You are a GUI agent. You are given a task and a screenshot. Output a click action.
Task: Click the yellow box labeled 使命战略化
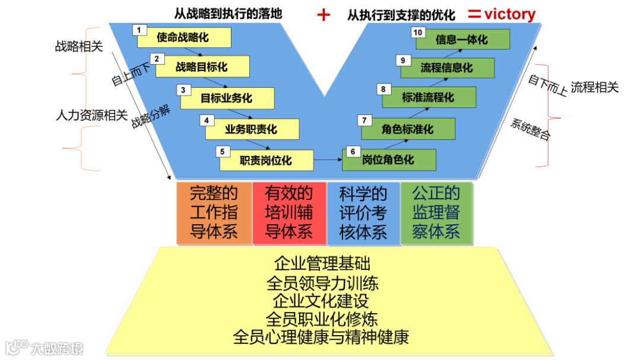184,38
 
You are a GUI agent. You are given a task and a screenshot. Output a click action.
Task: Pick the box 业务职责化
252,129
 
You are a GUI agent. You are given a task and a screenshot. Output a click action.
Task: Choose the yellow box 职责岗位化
266,160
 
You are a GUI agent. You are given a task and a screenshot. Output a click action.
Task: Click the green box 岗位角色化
389,160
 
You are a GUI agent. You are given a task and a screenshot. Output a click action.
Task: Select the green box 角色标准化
408,129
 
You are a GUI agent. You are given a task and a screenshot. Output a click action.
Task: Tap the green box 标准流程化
429,98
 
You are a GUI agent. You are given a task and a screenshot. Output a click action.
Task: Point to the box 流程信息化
448,68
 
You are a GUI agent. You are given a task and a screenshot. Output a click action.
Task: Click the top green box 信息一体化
462,40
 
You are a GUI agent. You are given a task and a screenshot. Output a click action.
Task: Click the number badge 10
418,32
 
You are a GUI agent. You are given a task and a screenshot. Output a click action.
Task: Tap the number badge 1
138,30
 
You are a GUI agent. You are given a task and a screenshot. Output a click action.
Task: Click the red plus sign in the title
323,15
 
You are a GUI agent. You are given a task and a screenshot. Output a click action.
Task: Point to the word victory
510,14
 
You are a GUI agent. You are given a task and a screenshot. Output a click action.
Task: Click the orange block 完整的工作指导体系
214,213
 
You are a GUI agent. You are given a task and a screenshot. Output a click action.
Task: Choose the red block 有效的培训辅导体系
289,213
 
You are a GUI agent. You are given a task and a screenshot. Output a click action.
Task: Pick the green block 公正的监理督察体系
437,213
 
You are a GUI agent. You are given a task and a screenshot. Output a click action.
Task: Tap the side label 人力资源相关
91,115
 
